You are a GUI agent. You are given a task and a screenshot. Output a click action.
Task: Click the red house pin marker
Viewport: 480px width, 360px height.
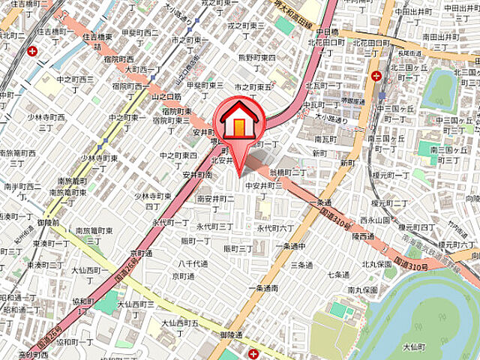pos(238,121)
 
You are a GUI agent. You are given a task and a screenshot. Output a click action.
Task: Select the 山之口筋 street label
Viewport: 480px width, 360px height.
pos(166,97)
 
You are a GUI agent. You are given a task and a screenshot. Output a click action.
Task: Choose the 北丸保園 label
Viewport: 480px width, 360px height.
pos(377,264)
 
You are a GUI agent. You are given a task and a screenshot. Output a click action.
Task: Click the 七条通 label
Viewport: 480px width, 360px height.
pos(338,274)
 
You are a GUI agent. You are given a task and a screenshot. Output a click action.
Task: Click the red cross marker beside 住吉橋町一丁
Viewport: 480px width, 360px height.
pos(32,52)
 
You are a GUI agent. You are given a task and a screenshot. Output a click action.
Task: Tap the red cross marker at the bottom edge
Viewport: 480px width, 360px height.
pos(254,353)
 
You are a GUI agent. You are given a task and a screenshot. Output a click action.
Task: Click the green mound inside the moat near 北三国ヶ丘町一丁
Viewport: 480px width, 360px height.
pos(439,90)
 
